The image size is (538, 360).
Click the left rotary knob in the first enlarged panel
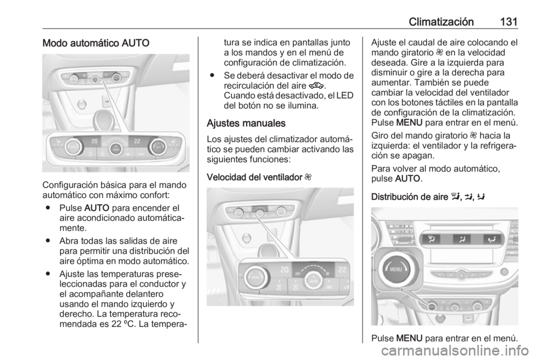(73, 147)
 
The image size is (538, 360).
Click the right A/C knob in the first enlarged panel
(157, 147)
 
